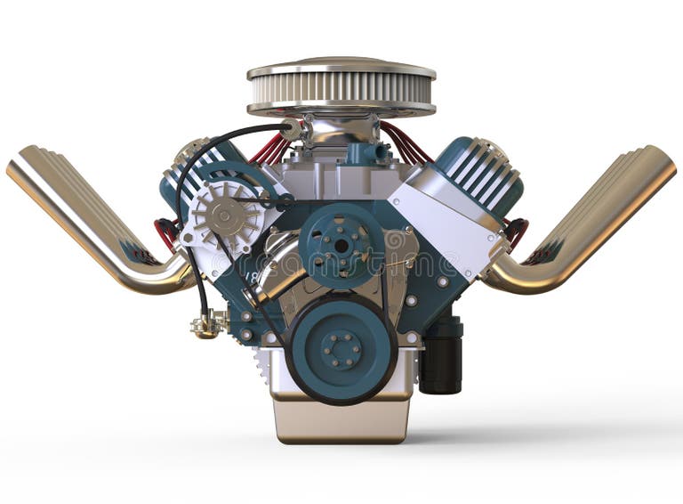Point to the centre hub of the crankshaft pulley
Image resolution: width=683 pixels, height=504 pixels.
click(341, 349)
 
